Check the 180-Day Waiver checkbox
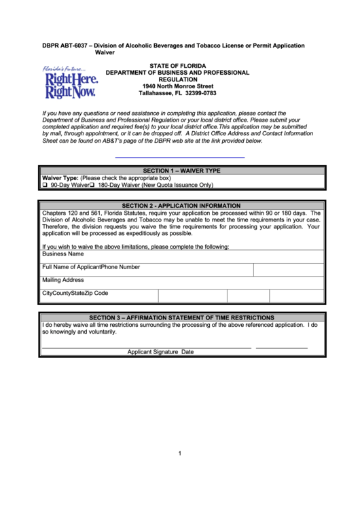point(92,185)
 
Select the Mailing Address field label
point(63,279)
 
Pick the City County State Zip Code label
point(75,293)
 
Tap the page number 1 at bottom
point(180,454)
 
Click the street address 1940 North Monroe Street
point(178,86)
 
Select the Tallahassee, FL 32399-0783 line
point(178,94)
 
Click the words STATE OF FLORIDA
point(178,65)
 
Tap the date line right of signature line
point(281,347)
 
